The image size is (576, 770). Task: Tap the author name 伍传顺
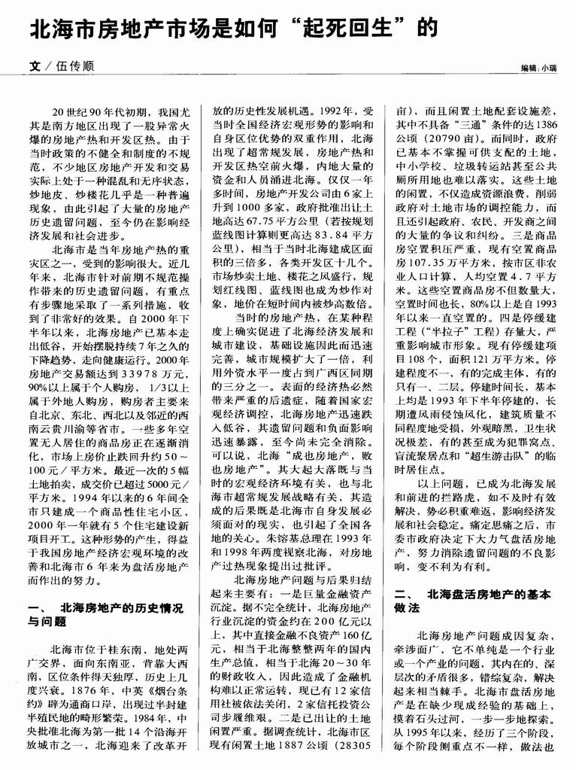tap(74, 66)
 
